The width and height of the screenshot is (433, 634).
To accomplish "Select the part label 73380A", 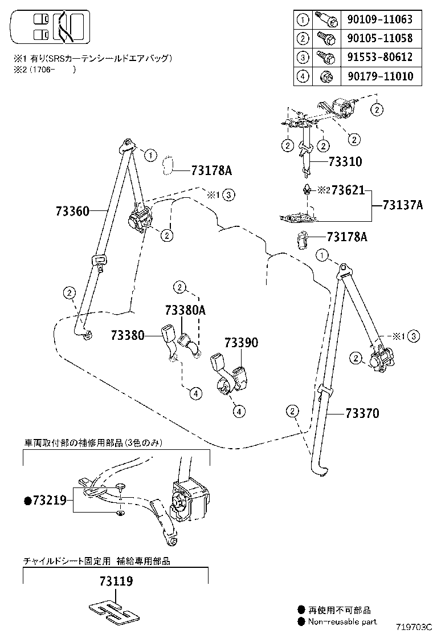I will [x=185, y=311].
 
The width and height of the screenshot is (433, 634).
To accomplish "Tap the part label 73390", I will [x=241, y=343].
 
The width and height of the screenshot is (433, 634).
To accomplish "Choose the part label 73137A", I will [x=402, y=205].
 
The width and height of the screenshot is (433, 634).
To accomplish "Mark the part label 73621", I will [x=348, y=190].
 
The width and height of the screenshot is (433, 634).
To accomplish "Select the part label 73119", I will [x=116, y=582].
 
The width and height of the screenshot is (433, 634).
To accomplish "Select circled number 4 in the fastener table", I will [x=303, y=76].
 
